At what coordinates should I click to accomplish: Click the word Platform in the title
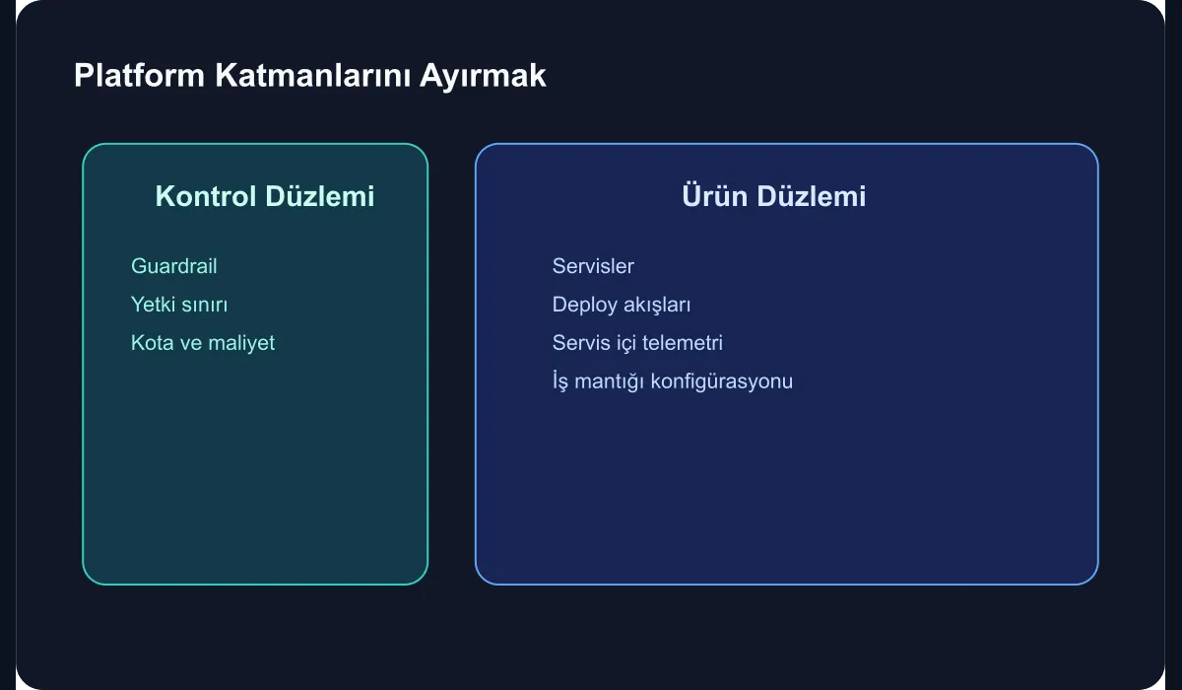point(139,76)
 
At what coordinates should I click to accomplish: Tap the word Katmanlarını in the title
point(312,76)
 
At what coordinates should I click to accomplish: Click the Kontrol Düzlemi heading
point(265,196)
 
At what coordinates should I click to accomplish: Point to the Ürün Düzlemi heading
point(773,195)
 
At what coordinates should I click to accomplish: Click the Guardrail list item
point(174,266)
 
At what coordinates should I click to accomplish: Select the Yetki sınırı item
point(179,305)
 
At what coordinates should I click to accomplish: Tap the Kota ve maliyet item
point(203,343)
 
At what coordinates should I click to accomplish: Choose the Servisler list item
point(593,266)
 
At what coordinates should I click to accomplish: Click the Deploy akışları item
point(622,306)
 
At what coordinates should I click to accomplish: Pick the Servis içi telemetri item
point(637,343)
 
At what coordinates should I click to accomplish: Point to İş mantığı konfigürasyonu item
point(673,381)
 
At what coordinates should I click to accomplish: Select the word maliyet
point(241,343)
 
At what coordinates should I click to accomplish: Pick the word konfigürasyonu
point(722,381)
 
